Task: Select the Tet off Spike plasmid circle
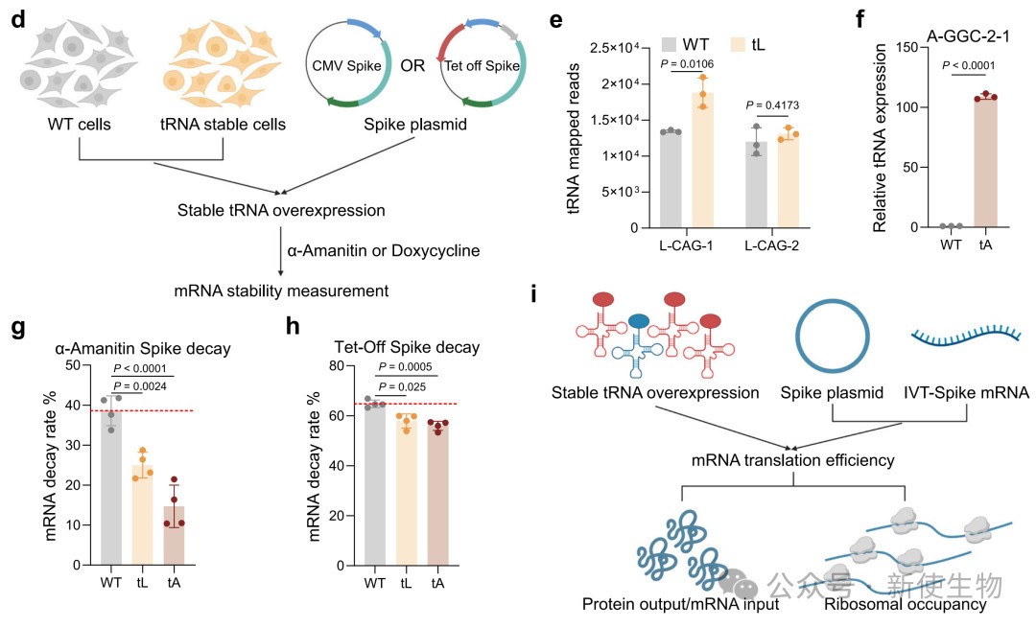(x=483, y=67)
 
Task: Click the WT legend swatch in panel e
(x=669, y=44)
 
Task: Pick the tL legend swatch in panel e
(x=742, y=44)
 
